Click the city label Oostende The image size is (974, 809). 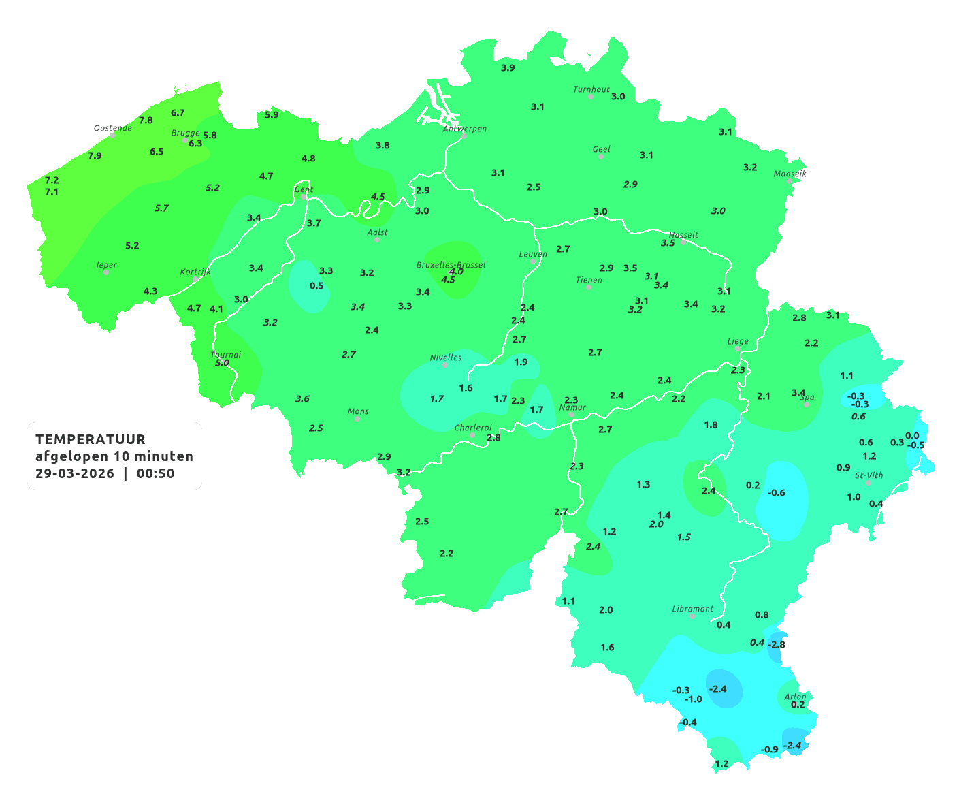[112, 128]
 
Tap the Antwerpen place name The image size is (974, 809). [465, 129]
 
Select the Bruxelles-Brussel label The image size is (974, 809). [451, 264]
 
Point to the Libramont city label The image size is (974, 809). [692, 609]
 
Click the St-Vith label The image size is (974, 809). [869, 475]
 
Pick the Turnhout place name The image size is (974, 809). [591, 89]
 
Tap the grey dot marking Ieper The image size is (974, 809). [105, 272]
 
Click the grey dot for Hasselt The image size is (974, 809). [683, 242]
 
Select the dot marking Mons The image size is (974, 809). [357, 419]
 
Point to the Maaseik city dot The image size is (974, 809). [790, 181]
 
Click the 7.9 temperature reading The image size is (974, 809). [95, 156]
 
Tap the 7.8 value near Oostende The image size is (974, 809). [146, 121]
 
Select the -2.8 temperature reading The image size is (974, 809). [777, 644]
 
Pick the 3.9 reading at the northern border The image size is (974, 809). [508, 68]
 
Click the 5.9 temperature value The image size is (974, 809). [272, 115]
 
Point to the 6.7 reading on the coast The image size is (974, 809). [178, 113]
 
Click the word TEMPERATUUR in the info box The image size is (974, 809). [91, 439]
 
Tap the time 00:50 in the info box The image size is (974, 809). [155, 473]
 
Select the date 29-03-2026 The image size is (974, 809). [75, 473]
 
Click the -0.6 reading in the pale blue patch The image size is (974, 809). [777, 493]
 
